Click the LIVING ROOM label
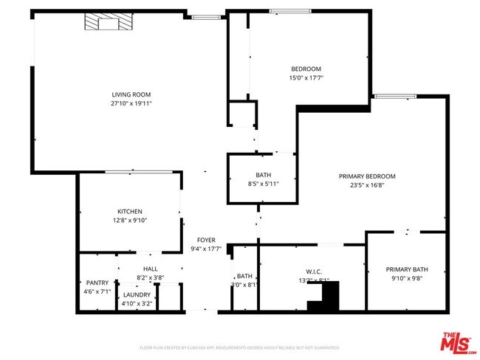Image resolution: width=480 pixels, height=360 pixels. pos(131,94)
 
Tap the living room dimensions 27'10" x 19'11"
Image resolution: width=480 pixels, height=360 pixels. pos(131,103)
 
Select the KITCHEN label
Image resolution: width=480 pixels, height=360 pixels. pos(130,212)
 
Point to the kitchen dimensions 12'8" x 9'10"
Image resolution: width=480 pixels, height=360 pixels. pos(130,220)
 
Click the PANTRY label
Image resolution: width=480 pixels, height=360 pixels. pos(97,283)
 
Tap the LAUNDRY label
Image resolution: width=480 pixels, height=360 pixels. pos(137,294)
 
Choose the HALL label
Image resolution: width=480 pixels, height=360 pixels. pos(150,269)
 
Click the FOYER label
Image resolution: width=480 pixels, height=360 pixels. pos(205,240)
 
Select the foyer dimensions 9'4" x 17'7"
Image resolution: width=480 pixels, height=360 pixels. pos(205,249)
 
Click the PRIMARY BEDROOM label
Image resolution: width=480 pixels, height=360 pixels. pos(367,176)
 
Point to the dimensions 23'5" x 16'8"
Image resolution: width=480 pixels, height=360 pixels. pos(367,185)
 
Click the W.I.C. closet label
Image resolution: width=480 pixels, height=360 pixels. pos(313,271)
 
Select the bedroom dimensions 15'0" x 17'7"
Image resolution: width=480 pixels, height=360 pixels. pos(306,77)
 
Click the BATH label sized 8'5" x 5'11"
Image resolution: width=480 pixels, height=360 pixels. pos(263,175)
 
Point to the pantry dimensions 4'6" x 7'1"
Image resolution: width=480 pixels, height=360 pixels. pos(97,291)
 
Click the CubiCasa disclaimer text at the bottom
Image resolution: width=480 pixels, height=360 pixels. pos(239,347)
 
